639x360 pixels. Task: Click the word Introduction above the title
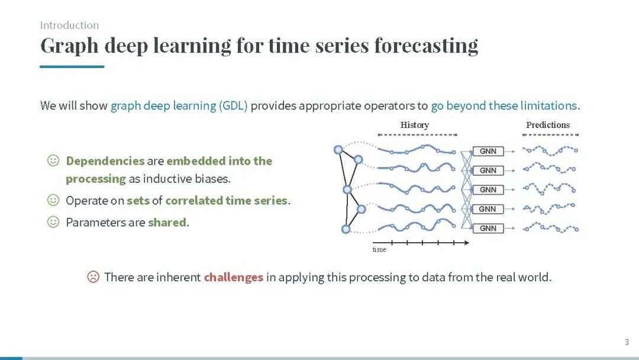pos(69,25)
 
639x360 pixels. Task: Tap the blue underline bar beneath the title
pos(72,66)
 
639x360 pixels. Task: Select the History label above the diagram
pos(414,125)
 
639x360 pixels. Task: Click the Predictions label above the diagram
pos(548,125)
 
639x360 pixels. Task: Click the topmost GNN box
pos(488,151)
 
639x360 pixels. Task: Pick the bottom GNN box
pos(488,229)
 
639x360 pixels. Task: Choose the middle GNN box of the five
pos(488,189)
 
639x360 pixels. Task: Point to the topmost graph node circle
pos(338,150)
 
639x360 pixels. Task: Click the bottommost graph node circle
pos(346,229)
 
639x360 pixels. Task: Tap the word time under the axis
pos(379,249)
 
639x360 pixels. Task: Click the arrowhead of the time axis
pos(467,243)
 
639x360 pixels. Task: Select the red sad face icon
pos(93,277)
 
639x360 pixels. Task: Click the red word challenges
pos(234,277)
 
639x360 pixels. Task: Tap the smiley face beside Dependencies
pos(53,160)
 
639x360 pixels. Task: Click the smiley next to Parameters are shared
pos(53,222)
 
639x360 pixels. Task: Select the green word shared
pos(167,222)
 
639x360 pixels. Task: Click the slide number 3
pos(627,342)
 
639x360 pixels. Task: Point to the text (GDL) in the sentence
pos(233,105)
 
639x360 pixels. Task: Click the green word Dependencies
pos(105,161)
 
